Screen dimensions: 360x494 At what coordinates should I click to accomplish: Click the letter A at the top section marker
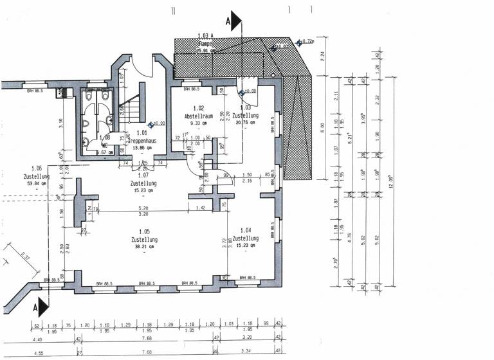click(x=227, y=20)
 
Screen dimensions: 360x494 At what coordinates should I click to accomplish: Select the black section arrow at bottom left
click(x=41, y=307)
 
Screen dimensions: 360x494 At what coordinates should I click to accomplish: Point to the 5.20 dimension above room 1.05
click(x=145, y=208)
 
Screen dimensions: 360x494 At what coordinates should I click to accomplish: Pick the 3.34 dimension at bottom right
click(x=245, y=352)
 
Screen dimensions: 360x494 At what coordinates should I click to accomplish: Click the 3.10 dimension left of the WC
click(x=61, y=121)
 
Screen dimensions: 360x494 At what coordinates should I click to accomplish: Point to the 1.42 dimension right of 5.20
click(x=201, y=208)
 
